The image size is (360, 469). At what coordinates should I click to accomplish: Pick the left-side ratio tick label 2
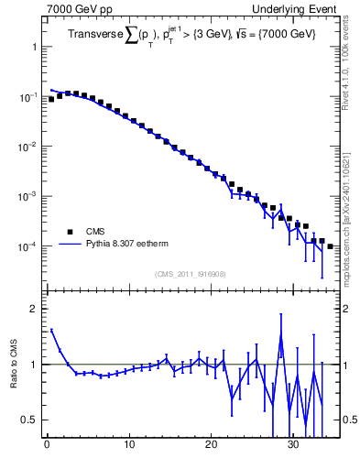(x=34, y=310)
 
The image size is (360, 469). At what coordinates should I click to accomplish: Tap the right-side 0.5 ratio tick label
(x=348, y=420)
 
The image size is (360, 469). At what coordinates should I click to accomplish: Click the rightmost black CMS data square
(x=330, y=246)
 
